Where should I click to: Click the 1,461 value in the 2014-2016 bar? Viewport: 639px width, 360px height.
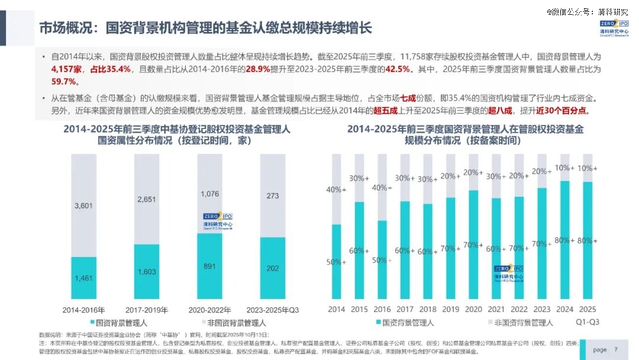coord(83,277)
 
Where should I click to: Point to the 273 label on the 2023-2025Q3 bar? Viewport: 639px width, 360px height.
coord(272,195)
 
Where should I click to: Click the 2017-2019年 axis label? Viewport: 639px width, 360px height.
coord(147,310)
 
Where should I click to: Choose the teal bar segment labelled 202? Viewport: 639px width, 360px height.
coord(272,268)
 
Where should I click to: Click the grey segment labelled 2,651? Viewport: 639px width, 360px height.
coord(147,199)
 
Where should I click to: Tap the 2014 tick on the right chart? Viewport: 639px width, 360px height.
coord(336,309)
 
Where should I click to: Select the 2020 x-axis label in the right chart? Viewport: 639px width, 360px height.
coord(473,309)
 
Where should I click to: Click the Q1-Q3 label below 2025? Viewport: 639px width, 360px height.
coord(588,322)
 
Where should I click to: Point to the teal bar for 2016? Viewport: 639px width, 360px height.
coord(382,261)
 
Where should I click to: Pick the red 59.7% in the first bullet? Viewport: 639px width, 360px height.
coord(64,82)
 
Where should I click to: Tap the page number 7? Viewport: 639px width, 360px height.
coord(616,349)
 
